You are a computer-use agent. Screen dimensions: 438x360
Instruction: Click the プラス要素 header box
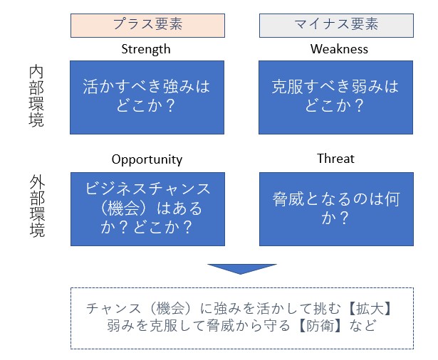(147, 26)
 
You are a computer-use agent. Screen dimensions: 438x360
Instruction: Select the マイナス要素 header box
(336, 26)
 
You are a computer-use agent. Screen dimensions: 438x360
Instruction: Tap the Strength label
(146, 49)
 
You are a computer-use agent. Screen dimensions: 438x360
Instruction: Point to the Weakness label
(339, 49)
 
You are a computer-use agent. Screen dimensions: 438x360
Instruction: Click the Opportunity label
(147, 159)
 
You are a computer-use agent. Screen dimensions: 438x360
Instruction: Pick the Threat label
(335, 159)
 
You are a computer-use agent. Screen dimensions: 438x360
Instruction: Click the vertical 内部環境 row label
(36, 96)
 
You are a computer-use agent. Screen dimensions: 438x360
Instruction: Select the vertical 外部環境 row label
(37, 206)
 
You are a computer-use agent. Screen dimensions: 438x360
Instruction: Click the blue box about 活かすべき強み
(147, 97)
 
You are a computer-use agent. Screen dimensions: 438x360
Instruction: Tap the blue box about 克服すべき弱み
(335, 97)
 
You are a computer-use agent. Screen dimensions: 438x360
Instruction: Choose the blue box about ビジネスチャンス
(147, 209)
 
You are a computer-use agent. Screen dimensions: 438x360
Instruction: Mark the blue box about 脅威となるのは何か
(336, 209)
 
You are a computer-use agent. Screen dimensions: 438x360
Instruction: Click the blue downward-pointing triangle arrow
(242, 269)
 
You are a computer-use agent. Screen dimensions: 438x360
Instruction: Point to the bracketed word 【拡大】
(370, 309)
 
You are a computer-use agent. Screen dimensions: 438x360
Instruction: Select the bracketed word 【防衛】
(320, 326)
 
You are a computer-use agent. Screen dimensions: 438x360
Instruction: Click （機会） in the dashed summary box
(171, 309)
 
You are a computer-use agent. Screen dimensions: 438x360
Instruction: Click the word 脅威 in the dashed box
(220, 326)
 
